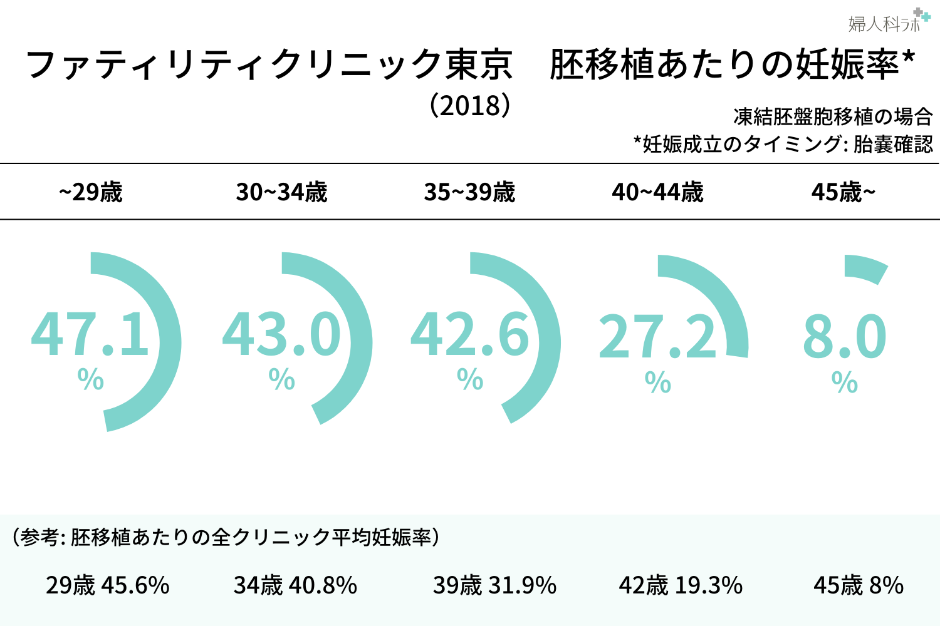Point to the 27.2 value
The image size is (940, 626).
point(657,337)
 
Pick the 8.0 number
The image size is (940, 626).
point(844,337)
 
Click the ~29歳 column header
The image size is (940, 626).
point(91,192)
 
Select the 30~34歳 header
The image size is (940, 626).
point(281,192)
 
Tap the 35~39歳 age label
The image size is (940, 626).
point(469,192)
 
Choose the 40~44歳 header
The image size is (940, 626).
point(657,192)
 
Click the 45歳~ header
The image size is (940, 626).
point(843,192)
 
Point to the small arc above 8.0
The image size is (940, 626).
point(866,268)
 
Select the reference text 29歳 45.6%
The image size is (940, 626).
point(108,585)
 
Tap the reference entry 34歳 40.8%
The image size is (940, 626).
point(295,585)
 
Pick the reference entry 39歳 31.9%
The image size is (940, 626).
point(494,585)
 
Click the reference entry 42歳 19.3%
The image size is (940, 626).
point(681,585)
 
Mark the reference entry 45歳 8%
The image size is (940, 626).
point(859,585)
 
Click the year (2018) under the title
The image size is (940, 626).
point(470,105)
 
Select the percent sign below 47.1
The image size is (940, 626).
point(91,379)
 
